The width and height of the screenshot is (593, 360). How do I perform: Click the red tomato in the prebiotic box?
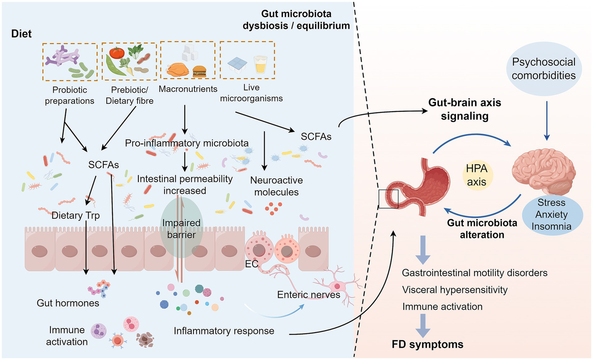tap(116, 53)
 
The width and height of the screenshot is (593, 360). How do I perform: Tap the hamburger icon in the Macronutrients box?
tap(199, 71)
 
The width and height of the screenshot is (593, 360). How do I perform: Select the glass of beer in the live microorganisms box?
tap(260, 65)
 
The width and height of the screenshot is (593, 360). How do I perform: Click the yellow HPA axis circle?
tap(477, 175)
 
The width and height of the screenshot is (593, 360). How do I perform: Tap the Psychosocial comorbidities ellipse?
tap(544, 69)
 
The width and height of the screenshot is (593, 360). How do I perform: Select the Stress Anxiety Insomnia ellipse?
tap(552, 214)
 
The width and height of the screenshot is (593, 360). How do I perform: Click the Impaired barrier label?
tap(181, 229)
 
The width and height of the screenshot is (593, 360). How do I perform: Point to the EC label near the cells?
tap(251, 264)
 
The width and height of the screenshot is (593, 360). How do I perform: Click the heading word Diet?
tap(21, 34)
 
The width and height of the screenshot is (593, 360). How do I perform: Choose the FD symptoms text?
tap(427, 344)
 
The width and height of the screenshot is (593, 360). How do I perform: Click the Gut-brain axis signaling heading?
tap(464, 109)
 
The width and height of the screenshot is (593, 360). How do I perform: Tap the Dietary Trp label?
tap(76, 216)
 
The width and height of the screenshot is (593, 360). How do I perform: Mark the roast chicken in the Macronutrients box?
tap(177, 70)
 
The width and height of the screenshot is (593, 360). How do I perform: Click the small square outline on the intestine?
tap(388, 199)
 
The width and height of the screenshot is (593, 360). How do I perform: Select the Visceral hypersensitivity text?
tap(455, 290)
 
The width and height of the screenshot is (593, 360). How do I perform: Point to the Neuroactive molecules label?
tap(276, 186)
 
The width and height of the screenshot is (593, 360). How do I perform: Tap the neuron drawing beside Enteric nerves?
tap(337, 286)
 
